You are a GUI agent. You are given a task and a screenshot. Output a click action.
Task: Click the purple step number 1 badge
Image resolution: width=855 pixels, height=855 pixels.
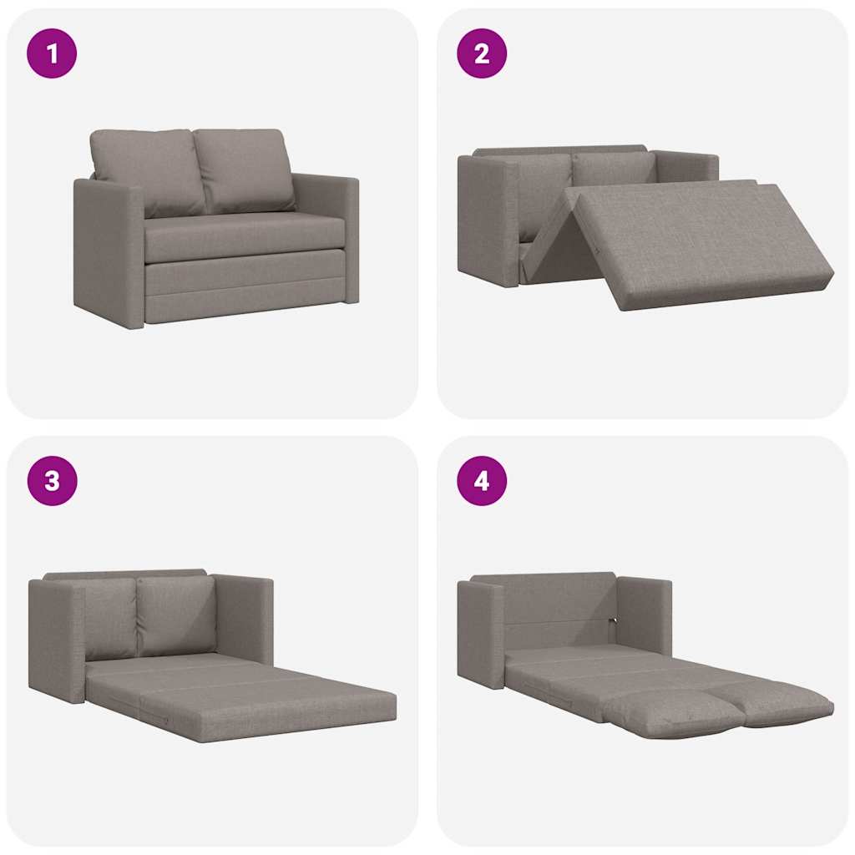tap(52, 53)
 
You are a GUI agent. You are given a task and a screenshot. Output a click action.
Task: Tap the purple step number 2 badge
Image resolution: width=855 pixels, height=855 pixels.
tap(482, 53)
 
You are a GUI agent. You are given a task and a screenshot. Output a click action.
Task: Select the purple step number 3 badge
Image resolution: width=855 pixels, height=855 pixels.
tap(52, 481)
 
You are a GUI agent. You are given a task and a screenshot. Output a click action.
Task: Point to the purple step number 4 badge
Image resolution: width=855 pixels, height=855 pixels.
tap(482, 481)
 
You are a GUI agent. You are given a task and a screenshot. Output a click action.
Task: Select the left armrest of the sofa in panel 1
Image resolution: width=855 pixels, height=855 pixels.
tap(109, 250)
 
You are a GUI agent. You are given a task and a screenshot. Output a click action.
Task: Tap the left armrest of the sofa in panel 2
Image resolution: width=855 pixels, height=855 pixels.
tap(488, 221)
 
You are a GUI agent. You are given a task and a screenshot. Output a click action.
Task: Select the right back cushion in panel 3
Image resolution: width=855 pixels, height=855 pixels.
tap(177, 614)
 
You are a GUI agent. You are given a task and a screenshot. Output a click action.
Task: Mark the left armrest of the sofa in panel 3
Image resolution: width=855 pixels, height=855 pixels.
tap(57, 639)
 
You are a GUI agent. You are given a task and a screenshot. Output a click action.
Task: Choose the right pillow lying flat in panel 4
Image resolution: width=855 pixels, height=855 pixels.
tap(781, 701)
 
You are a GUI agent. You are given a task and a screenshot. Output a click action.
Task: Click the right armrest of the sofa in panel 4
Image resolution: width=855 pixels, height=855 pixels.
tap(645, 614)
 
